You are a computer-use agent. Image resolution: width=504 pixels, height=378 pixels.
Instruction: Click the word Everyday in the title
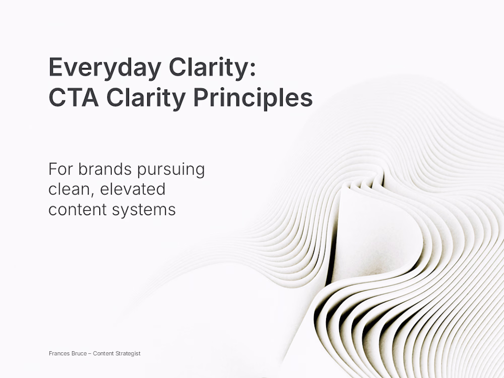coord(105,68)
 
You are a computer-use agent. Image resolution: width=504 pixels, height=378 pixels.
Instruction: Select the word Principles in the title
coord(253,99)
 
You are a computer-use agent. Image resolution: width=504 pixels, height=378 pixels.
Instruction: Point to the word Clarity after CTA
coord(146,99)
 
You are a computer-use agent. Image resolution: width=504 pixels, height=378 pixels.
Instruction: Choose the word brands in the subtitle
coord(105,169)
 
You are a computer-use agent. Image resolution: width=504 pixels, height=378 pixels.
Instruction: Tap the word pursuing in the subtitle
coord(171,170)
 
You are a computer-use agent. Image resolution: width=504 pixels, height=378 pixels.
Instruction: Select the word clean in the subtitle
coord(69,190)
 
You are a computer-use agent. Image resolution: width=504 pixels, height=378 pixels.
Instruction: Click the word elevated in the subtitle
coord(133,188)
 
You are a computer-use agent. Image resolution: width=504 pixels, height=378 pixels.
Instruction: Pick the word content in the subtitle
coord(78,210)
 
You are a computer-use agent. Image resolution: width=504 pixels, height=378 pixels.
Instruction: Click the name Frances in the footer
coord(59,354)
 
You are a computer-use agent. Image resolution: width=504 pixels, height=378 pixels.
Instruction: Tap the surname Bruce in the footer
coord(79,354)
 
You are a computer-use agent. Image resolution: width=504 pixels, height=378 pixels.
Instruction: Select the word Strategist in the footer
coord(128,354)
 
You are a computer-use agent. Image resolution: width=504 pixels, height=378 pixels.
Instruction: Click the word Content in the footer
coord(103,354)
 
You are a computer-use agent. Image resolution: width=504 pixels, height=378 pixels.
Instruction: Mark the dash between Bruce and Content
coord(90,354)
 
